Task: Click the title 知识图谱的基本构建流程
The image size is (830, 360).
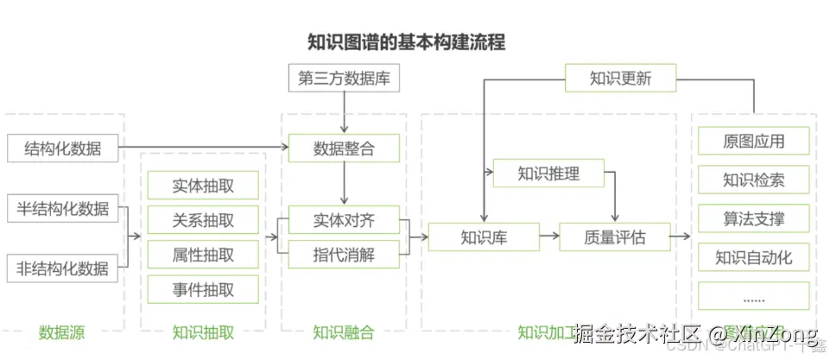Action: click(x=407, y=41)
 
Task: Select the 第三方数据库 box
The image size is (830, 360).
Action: click(x=344, y=79)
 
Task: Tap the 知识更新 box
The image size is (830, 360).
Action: click(x=620, y=79)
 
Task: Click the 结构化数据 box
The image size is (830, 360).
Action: click(x=62, y=148)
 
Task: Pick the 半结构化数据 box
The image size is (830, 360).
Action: click(x=62, y=208)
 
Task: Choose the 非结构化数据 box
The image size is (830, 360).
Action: click(x=62, y=268)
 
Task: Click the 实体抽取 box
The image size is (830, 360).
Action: click(x=203, y=185)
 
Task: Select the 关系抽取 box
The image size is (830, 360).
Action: click(x=203, y=219)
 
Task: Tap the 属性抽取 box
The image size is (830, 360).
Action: click(x=203, y=254)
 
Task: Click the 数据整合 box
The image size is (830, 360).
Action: click(x=344, y=148)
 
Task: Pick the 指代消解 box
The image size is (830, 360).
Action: click(x=344, y=254)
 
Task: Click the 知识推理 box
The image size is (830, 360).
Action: click(x=548, y=174)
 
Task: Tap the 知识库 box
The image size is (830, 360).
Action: click(x=483, y=237)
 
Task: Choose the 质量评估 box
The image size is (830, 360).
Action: click(x=614, y=237)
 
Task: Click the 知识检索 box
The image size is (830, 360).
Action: click(x=753, y=180)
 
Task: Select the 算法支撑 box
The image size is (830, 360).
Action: click(x=753, y=218)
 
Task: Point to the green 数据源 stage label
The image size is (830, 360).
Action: click(x=61, y=332)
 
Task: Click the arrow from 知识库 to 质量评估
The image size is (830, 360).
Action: click(x=549, y=237)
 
